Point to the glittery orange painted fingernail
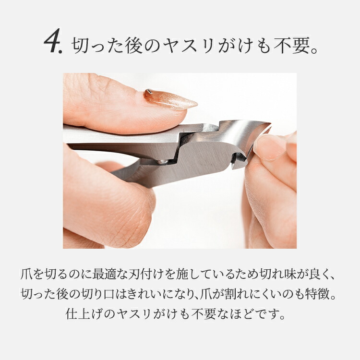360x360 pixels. point(170,99)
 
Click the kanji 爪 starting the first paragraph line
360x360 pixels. point(26,274)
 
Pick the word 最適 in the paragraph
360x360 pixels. point(104,274)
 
